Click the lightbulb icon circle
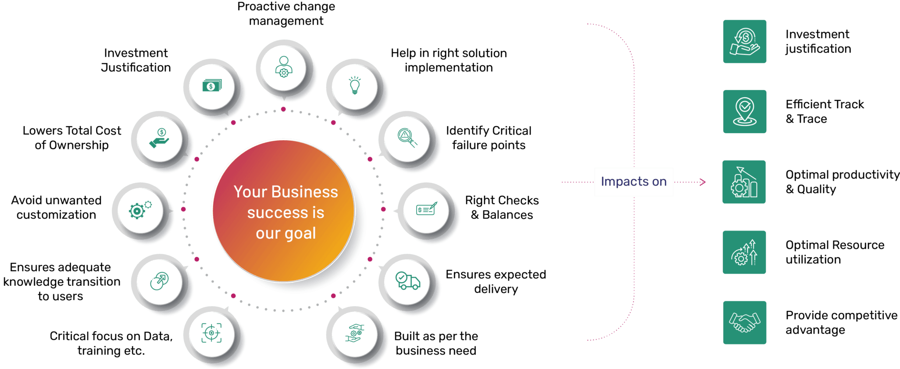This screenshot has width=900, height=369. click(355, 86)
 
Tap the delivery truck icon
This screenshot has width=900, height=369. click(408, 281)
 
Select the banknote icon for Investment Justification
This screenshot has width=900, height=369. click(212, 85)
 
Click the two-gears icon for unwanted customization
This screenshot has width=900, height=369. click(140, 210)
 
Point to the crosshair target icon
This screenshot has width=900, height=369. click(211, 333)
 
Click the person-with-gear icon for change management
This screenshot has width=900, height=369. click(284, 67)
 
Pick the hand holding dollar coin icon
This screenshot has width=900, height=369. click(159, 138)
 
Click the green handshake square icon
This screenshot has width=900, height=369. click(744, 322)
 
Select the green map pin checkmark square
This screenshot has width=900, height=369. click(744, 112)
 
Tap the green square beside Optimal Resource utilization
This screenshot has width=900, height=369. click(744, 252)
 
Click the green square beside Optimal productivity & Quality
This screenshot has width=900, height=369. click(744, 182)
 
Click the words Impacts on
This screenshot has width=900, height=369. click(634, 181)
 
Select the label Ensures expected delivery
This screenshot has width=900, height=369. click(496, 281)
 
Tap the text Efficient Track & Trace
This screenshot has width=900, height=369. click(824, 111)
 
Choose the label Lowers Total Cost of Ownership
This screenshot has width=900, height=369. click(72, 138)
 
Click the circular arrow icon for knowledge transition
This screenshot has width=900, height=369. click(159, 281)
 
